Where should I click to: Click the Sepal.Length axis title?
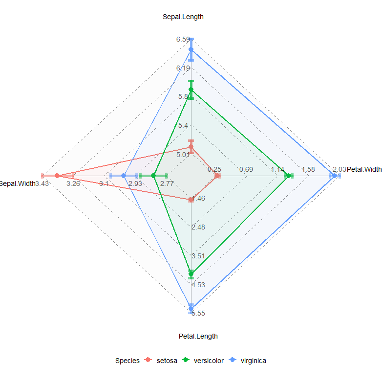(x=183, y=17)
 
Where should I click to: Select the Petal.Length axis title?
(x=198, y=336)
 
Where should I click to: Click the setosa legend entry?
(x=160, y=361)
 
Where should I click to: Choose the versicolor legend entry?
(x=202, y=361)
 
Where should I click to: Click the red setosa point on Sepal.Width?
(x=57, y=176)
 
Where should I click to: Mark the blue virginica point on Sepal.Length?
(x=191, y=49)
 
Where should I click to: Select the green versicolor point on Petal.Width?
(x=288, y=176)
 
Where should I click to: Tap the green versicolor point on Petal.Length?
(x=191, y=273)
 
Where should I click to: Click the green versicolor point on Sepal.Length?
(x=191, y=90)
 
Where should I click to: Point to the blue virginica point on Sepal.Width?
(x=124, y=176)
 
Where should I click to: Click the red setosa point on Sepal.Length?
(x=191, y=147)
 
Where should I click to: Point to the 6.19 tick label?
(x=184, y=68)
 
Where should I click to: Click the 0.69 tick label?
(x=246, y=170)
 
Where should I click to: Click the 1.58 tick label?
(x=309, y=170)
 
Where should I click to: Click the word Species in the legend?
(x=127, y=361)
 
